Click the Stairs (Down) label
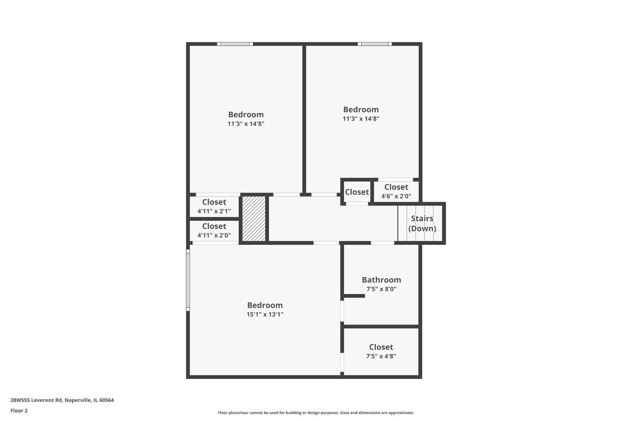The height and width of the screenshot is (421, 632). pyautogui.click(x=422, y=223)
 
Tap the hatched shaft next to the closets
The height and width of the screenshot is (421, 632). pyautogui.click(x=254, y=218)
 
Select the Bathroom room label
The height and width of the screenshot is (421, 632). pyautogui.click(x=381, y=280)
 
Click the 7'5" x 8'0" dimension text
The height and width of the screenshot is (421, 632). pyautogui.click(x=381, y=289)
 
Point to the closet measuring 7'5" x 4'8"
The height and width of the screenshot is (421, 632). pyautogui.click(x=381, y=351)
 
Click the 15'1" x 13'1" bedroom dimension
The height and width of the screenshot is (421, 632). pyautogui.click(x=265, y=315)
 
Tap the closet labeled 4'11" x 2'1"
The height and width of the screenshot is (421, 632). pyautogui.click(x=214, y=207)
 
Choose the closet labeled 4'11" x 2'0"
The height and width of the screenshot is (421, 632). pyautogui.click(x=214, y=231)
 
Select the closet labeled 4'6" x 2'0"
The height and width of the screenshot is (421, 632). pyautogui.click(x=396, y=191)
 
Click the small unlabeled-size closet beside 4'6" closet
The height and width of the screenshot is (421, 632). pyautogui.click(x=357, y=192)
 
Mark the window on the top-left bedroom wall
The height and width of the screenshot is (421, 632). pyautogui.click(x=235, y=44)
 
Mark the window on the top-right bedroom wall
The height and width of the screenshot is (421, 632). pyautogui.click(x=375, y=44)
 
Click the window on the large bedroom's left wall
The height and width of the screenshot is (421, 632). pyautogui.click(x=188, y=280)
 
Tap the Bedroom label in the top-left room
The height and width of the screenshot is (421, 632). pyautogui.click(x=246, y=115)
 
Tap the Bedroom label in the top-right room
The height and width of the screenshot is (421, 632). pyautogui.click(x=361, y=110)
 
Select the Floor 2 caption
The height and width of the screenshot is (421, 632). pyautogui.click(x=19, y=410)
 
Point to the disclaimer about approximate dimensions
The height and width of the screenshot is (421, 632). pyautogui.click(x=316, y=412)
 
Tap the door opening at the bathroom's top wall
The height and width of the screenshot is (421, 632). pyautogui.click(x=382, y=243)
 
